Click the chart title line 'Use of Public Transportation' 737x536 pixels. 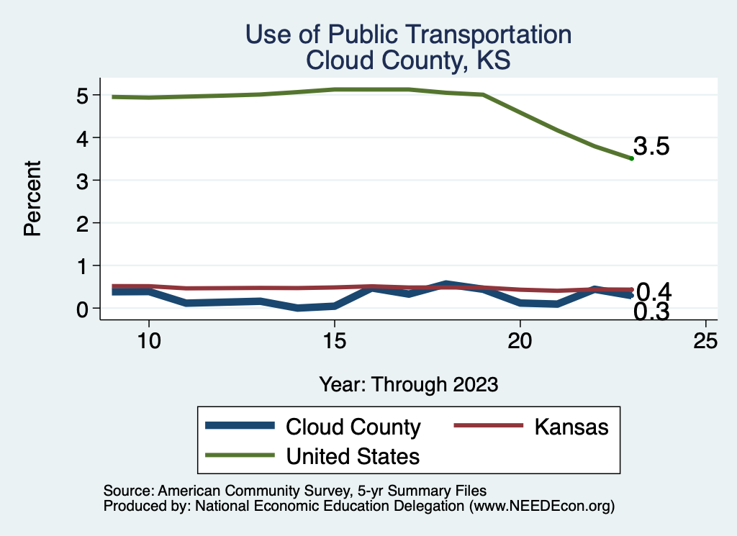tap(408, 35)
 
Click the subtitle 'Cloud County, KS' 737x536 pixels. tap(408, 60)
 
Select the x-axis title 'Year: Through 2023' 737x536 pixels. tap(408, 385)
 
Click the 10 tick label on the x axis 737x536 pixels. tap(148, 342)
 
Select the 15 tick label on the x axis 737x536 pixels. tap(334, 342)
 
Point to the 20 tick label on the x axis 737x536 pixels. tap(520, 342)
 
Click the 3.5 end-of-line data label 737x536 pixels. tap(652, 147)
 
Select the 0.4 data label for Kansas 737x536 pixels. tap(654, 291)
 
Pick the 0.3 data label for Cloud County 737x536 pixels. tap(652, 312)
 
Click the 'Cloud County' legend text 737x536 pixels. tap(353, 427)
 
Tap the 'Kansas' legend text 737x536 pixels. tap(571, 427)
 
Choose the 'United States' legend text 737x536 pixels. tap(353, 455)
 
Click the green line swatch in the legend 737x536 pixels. tap(240, 455)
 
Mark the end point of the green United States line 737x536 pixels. tap(631, 158)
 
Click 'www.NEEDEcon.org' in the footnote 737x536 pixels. tap(541, 507)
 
